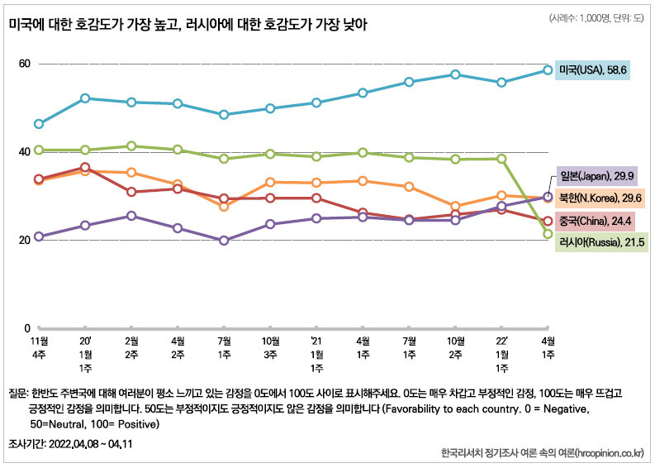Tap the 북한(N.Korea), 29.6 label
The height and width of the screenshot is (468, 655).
[599, 198]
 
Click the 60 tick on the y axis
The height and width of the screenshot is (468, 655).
[25, 64]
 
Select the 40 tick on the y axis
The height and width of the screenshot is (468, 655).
[25, 151]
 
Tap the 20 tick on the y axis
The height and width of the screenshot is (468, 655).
[25, 240]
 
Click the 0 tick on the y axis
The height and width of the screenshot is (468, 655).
[28, 328]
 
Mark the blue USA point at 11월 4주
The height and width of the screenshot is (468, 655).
[38, 124]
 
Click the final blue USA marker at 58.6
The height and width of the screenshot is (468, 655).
[547, 70]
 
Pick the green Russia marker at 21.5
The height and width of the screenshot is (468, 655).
[547, 234]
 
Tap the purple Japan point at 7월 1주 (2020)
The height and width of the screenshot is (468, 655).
[224, 241]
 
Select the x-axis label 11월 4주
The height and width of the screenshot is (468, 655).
[38, 346]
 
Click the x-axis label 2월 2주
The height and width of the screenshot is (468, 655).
[131, 346]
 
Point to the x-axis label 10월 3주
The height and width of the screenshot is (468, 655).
[269, 346]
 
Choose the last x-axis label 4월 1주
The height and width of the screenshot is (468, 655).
[547, 346]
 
